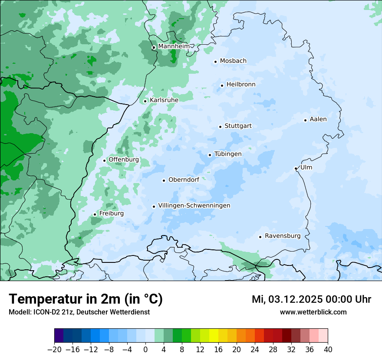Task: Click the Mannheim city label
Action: (x=174, y=46)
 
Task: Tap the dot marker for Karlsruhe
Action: (x=145, y=101)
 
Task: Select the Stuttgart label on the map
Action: (x=238, y=126)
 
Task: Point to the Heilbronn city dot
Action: (x=222, y=85)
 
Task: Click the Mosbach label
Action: (x=233, y=61)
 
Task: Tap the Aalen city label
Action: (x=318, y=119)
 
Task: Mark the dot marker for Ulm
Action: (x=296, y=168)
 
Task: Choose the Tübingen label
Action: (x=228, y=154)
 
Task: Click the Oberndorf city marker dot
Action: (x=164, y=180)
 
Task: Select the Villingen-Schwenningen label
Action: (x=194, y=206)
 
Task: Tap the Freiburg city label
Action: (x=111, y=213)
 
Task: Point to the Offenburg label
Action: (x=124, y=160)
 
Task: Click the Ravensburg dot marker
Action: (x=260, y=237)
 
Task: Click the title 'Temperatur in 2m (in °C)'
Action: (x=86, y=299)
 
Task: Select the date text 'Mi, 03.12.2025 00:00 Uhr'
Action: (x=311, y=299)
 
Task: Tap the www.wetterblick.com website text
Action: (x=313, y=312)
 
